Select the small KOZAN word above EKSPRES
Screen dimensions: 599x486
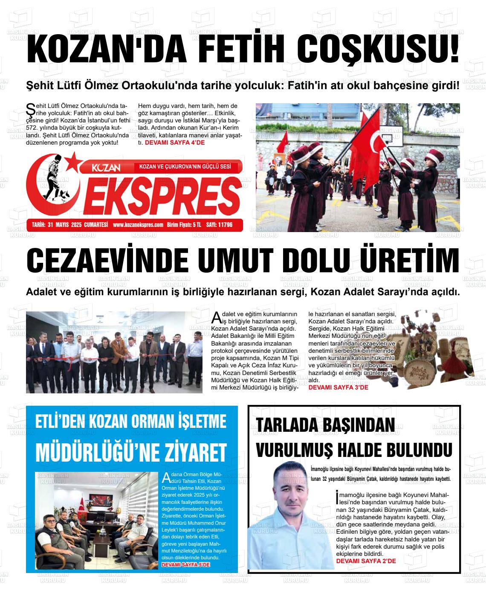[107, 167]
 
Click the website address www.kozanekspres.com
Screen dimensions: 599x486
[138, 225]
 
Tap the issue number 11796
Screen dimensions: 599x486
[225, 225]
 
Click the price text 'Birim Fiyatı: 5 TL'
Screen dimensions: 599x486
[184, 225]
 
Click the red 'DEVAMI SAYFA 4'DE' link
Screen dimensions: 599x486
[175, 142]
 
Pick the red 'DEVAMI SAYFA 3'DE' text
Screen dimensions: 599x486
[338, 387]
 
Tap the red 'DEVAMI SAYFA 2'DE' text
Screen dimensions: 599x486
[366, 561]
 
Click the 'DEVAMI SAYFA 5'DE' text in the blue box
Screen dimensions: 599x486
[186, 565]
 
